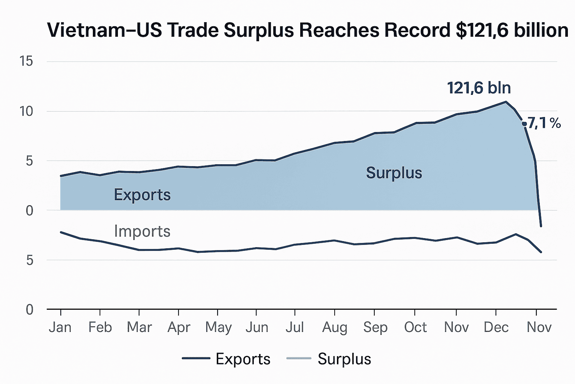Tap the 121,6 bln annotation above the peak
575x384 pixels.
click(479, 88)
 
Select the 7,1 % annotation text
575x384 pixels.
click(544, 123)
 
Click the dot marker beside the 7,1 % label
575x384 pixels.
click(524, 124)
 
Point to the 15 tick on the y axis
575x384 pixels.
click(27, 61)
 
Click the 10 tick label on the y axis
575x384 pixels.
click(27, 111)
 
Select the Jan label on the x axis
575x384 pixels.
click(60, 327)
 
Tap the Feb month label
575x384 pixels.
click(100, 327)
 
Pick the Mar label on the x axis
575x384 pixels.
click(139, 327)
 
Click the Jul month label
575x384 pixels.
click(295, 327)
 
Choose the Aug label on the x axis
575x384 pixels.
click(335, 327)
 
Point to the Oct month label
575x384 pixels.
click(415, 327)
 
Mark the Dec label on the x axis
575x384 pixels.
click(496, 327)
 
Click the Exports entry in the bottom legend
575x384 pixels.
click(243, 359)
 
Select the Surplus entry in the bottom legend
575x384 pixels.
click(344, 359)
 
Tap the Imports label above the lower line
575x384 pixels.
click(142, 231)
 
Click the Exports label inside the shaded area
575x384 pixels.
click(142, 195)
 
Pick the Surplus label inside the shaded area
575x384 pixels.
click(394, 173)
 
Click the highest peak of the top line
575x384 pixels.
click(506, 102)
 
